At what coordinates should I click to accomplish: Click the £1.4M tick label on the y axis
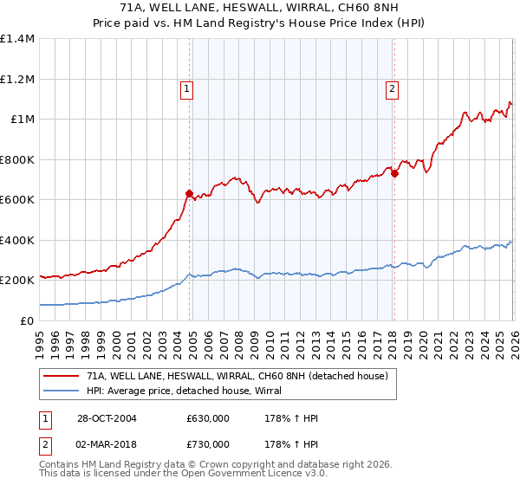(17, 39)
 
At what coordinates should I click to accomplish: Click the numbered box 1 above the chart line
(187, 87)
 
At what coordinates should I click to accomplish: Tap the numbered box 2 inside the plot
(393, 87)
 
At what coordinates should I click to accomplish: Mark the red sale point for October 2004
(189, 194)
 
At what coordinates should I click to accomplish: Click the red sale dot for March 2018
(393, 173)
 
